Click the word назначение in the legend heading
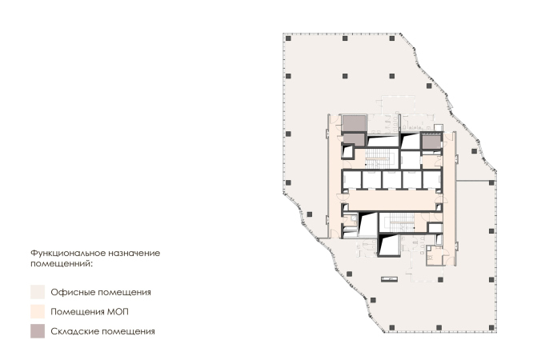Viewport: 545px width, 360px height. [x=134, y=253]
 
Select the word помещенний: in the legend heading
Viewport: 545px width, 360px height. [x=62, y=264]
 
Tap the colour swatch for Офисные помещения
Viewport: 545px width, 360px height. [x=38, y=292]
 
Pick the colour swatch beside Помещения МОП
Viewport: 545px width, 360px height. [x=38, y=312]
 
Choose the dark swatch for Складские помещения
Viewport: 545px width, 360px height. [x=38, y=331]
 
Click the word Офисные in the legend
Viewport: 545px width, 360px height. [x=73, y=292]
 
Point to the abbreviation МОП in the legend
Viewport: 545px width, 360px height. [x=118, y=312]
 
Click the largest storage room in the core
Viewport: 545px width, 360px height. [x=354, y=123]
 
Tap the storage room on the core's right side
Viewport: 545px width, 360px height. [x=431, y=142]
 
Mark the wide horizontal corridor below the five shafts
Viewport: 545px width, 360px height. [x=391, y=200]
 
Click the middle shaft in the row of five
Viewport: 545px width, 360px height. [x=391, y=180]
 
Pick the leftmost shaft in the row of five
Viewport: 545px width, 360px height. [x=352, y=180]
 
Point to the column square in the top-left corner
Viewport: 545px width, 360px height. [x=288, y=38]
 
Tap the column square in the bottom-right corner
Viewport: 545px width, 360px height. [x=491, y=328]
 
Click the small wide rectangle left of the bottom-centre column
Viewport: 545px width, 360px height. [x=389, y=278]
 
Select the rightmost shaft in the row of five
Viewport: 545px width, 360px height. [x=432, y=180]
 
